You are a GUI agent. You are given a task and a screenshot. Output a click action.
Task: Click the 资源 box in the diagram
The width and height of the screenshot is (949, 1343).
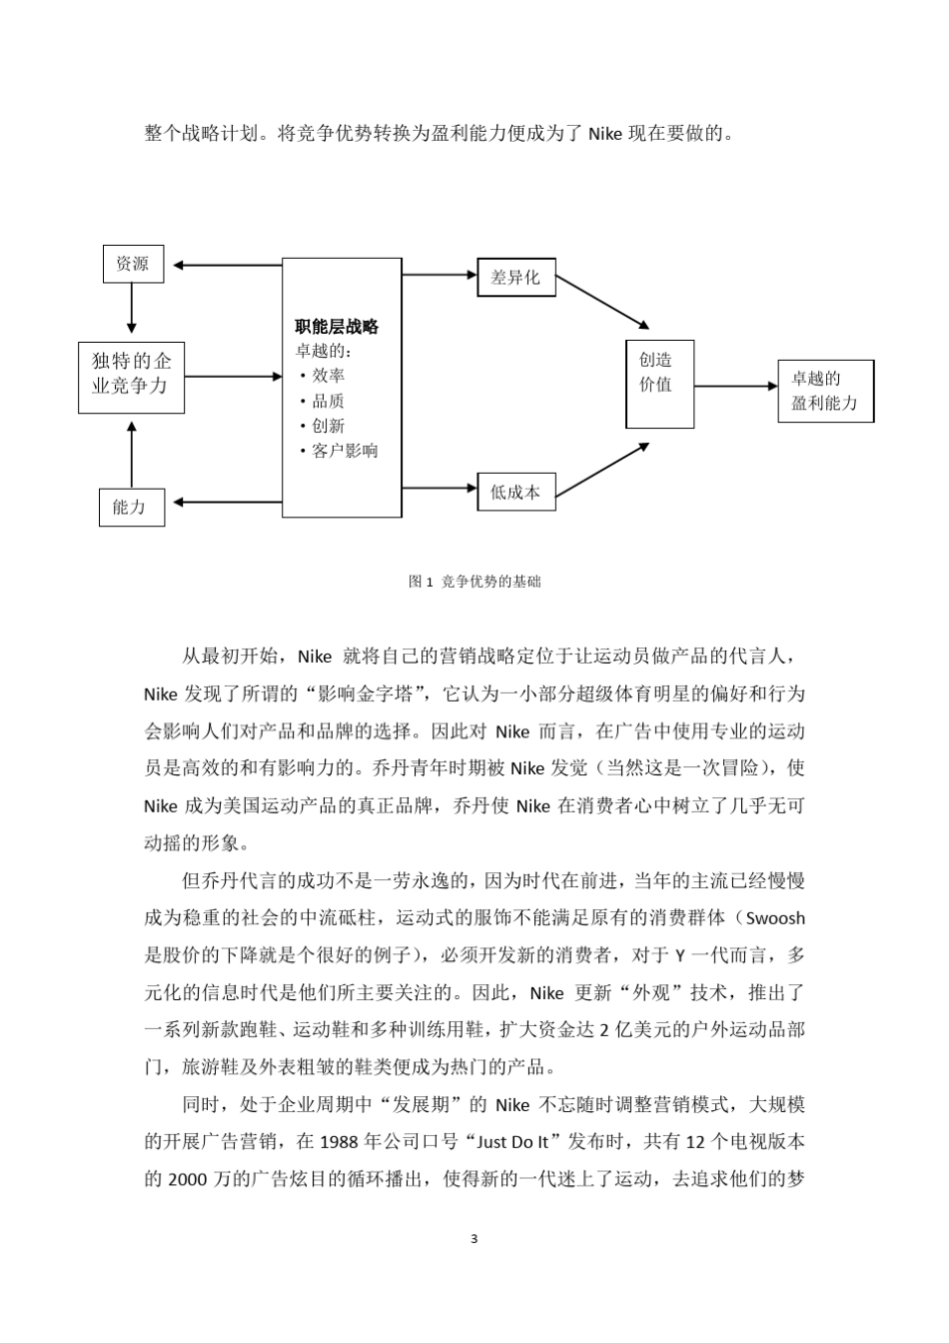(133, 264)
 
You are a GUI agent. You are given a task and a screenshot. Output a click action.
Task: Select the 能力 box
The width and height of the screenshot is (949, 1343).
(132, 507)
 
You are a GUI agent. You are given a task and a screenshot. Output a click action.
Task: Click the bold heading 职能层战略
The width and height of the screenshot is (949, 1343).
(337, 327)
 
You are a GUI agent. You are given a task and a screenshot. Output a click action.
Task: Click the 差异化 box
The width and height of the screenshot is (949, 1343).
(515, 277)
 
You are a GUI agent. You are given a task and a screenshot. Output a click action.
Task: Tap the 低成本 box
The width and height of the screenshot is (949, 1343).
(515, 491)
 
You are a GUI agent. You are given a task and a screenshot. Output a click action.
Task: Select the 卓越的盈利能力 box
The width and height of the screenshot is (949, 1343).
(825, 391)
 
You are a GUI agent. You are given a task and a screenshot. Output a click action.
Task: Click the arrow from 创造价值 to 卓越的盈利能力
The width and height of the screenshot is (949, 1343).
(735, 386)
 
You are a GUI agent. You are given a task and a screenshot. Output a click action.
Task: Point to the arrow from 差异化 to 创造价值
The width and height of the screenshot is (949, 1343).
(601, 302)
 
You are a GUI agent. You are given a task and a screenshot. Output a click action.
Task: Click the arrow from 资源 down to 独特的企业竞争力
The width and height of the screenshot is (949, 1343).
(132, 308)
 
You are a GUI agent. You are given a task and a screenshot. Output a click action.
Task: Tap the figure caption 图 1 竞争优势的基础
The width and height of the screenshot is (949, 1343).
(474, 582)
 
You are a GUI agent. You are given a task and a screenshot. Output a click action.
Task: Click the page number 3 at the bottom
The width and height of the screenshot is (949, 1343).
(474, 1240)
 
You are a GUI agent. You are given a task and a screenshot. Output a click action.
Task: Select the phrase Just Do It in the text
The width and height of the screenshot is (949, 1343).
(520, 1141)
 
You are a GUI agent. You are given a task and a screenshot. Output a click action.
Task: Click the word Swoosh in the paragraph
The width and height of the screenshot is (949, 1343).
(775, 918)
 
